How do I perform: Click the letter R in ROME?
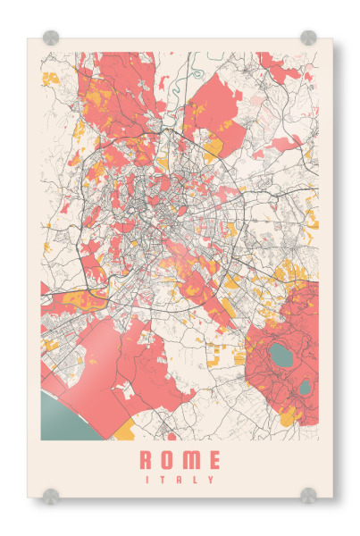(x=147, y=461)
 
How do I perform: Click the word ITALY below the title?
(x=180, y=480)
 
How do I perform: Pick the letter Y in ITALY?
(x=212, y=480)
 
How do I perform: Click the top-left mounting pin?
(x=51, y=38)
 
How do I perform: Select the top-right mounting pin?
(x=308, y=38)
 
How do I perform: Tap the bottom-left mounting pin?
(x=51, y=494)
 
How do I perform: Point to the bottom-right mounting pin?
(x=308, y=494)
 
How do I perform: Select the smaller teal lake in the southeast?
(x=305, y=387)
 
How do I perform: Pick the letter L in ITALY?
(x=196, y=480)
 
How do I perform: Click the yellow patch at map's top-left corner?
(x=50, y=78)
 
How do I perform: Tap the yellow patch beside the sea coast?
(x=124, y=431)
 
